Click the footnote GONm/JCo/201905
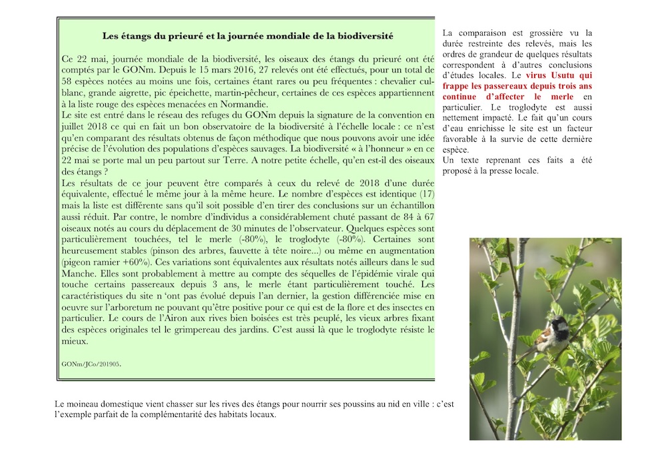(x=91, y=364)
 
